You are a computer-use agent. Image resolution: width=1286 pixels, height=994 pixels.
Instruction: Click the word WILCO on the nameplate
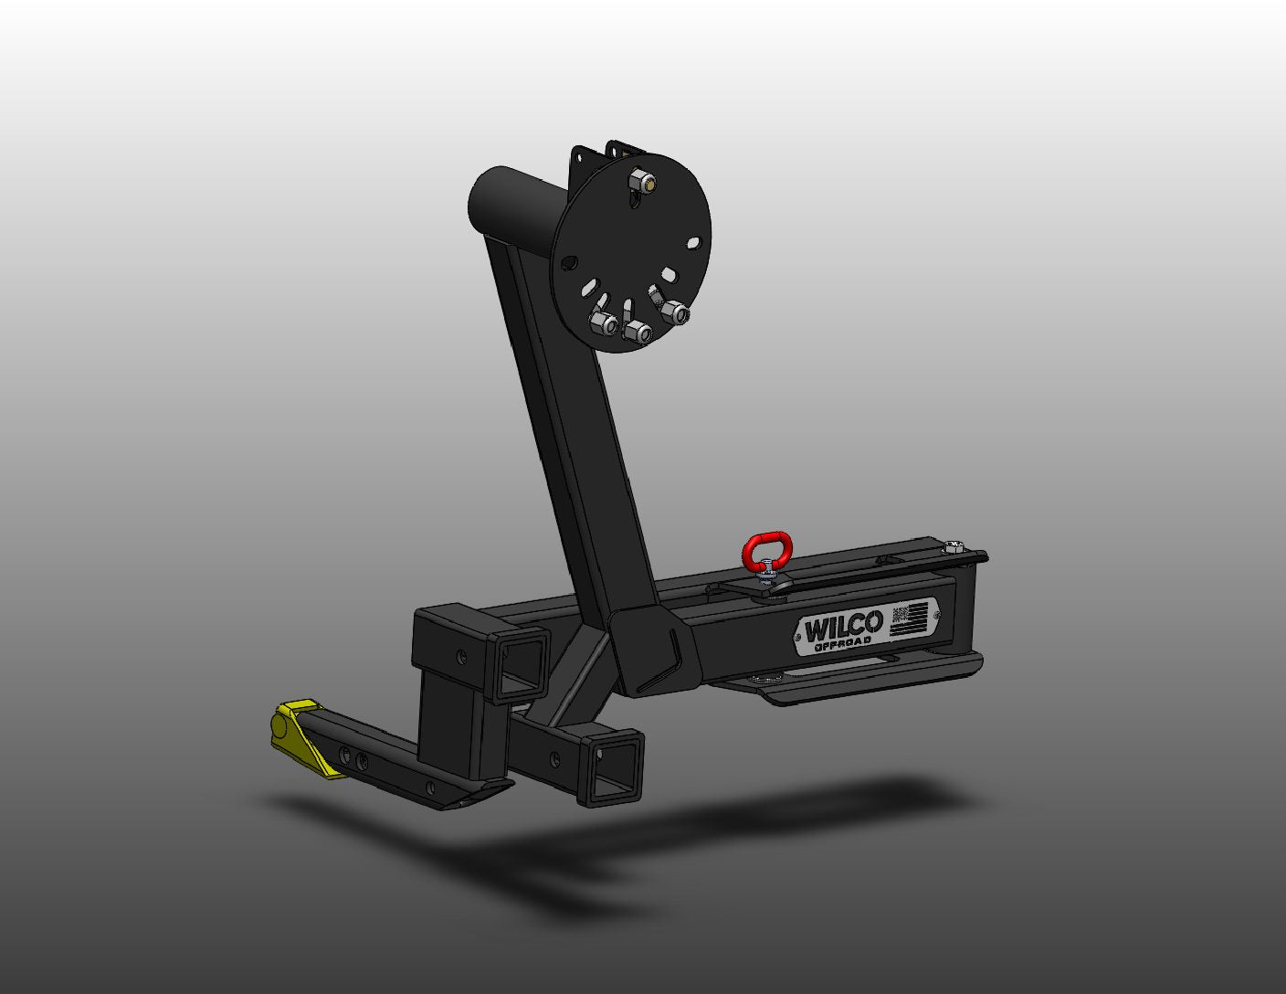(843, 626)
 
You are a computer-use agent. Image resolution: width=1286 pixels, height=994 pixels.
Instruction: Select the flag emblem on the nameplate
(912, 618)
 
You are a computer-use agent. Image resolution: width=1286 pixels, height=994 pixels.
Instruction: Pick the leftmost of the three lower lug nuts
(604, 323)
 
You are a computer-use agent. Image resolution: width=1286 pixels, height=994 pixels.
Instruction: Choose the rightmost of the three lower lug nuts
(675, 312)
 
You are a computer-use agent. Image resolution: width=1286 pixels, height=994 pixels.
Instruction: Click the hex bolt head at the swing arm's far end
(952, 546)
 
